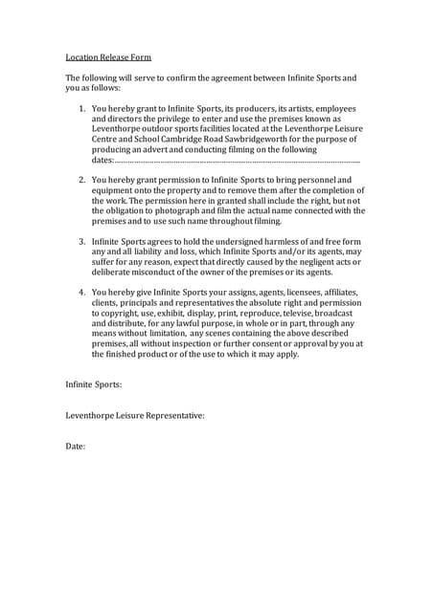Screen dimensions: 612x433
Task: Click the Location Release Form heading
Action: [x=108, y=57]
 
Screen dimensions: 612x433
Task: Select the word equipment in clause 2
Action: [x=118, y=190]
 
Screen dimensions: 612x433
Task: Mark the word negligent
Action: [x=306, y=261]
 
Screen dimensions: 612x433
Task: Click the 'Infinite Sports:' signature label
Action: [x=94, y=385]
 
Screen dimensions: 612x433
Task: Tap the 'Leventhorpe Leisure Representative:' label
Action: [x=135, y=416]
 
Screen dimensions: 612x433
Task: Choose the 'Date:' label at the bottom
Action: [x=76, y=447]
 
